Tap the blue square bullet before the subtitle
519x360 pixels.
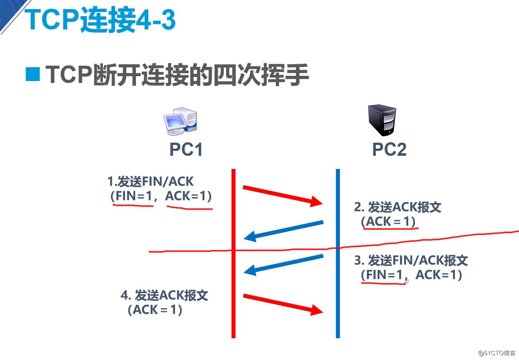(33, 74)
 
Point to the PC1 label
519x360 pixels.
(186, 149)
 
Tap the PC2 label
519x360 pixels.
(389, 149)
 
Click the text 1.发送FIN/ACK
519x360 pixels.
(150, 182)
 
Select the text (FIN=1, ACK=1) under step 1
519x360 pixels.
(161, 196)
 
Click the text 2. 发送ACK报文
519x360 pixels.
(398, 207)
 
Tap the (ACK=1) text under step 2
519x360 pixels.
(388, 221)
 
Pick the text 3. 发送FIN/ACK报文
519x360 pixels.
(411, 260)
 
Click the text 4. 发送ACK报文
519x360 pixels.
(164, 295)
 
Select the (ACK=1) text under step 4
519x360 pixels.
(155, 310)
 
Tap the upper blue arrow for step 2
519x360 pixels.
(284, 230)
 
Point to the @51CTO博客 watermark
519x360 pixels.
(496, 353)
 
